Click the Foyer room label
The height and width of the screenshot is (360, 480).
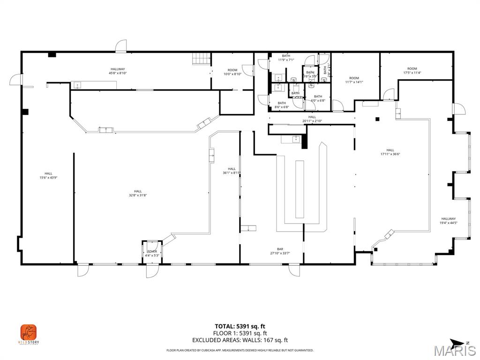pyautogui.click(x=152, y=254)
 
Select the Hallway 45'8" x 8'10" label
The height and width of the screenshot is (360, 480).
pyautogui.click(x=118, y=71)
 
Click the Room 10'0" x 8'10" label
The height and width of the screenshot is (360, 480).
pyautogui.click(x=232, y=72)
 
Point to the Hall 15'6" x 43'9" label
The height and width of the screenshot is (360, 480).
pyautogui.click(x=48, y=175)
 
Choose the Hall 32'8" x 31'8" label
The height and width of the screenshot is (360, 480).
pyautogui.click(x=138, y=193)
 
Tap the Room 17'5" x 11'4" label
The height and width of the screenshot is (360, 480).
pyautogui.click(x=412, y=71)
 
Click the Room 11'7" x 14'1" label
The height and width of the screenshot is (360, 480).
pyautogui.click(x=354, y=80)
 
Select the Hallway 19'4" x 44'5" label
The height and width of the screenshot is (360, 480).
pyautogui.click(x=448, y=221)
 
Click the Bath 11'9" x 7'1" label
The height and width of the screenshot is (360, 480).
pyautogui.click(x=285, y=58)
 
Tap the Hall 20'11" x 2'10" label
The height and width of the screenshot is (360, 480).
pyautogui.click(x=312, y=119)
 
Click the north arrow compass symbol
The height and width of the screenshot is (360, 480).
pyautogui.click(x=457, y=342)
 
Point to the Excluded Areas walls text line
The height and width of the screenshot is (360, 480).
pyautogui.click(x=240, y=340)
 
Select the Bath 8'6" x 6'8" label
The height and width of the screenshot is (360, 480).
pyautogui.click(x=281, y=105)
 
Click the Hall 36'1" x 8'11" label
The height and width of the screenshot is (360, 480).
pyautogui.click(x=232, y=171)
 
